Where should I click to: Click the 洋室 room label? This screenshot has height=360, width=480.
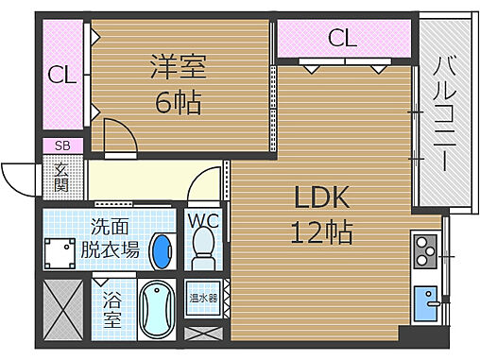pyautogui.click(x=178, y=70)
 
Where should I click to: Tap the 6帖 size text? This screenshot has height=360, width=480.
pyautogui.click(x=178, y=100)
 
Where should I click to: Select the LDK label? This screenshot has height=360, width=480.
pyautogui.click(x=322, y=197)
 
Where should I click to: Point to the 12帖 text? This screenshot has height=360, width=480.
pyautogui.click(x=322, y=231)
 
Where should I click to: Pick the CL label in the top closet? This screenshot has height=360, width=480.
pyautogui.click(x=342, y=39)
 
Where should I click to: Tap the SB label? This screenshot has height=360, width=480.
pyautogui.click(x=62, y=146)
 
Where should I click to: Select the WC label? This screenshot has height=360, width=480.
pyautogui.click(x=203, y=220)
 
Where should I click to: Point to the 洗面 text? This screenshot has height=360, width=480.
pyautogui.click(x=111, y=228)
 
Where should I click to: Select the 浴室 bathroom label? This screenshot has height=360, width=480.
pyautogui.click(x=113, y=310)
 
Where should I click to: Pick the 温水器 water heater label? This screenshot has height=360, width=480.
pyautogui.click(x=203, y=298)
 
